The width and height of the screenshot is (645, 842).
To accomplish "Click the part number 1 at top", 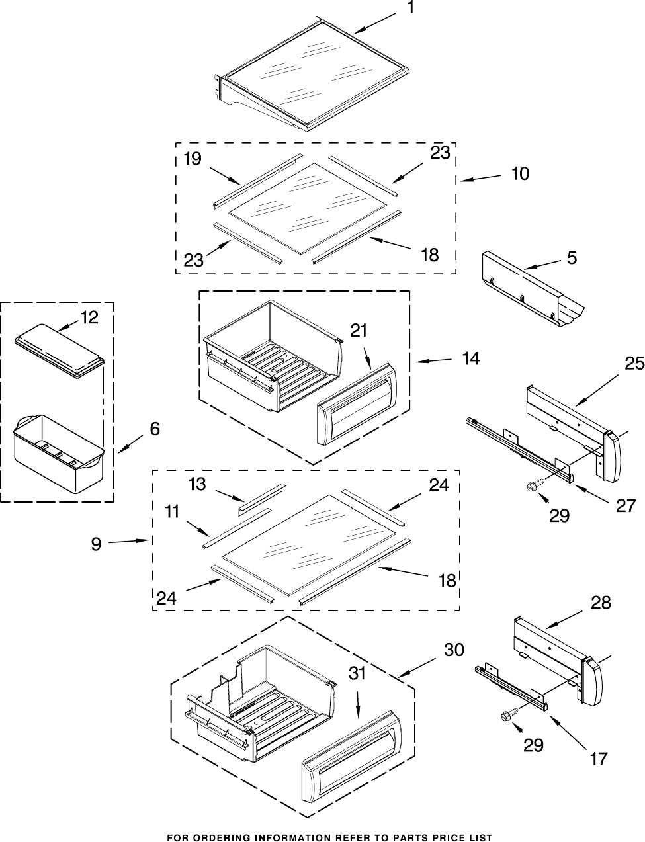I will coord(411,8).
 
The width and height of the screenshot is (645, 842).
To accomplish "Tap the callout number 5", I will coord(572,257).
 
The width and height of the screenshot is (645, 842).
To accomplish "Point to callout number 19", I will coord(193,159).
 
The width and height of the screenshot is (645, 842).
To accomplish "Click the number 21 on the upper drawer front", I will coord(359,331).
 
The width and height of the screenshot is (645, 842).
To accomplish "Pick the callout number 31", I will coord(357,673).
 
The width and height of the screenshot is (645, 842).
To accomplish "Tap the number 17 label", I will coord(599,759).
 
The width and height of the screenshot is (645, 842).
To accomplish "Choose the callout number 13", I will coord(197,485).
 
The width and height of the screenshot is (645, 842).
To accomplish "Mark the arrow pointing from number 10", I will coord(480,177).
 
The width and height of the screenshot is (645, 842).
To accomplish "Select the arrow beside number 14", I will coord(433,361).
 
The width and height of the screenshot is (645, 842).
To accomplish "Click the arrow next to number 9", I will coord(128,541).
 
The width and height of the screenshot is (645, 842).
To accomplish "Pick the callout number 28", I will coord(601,603).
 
